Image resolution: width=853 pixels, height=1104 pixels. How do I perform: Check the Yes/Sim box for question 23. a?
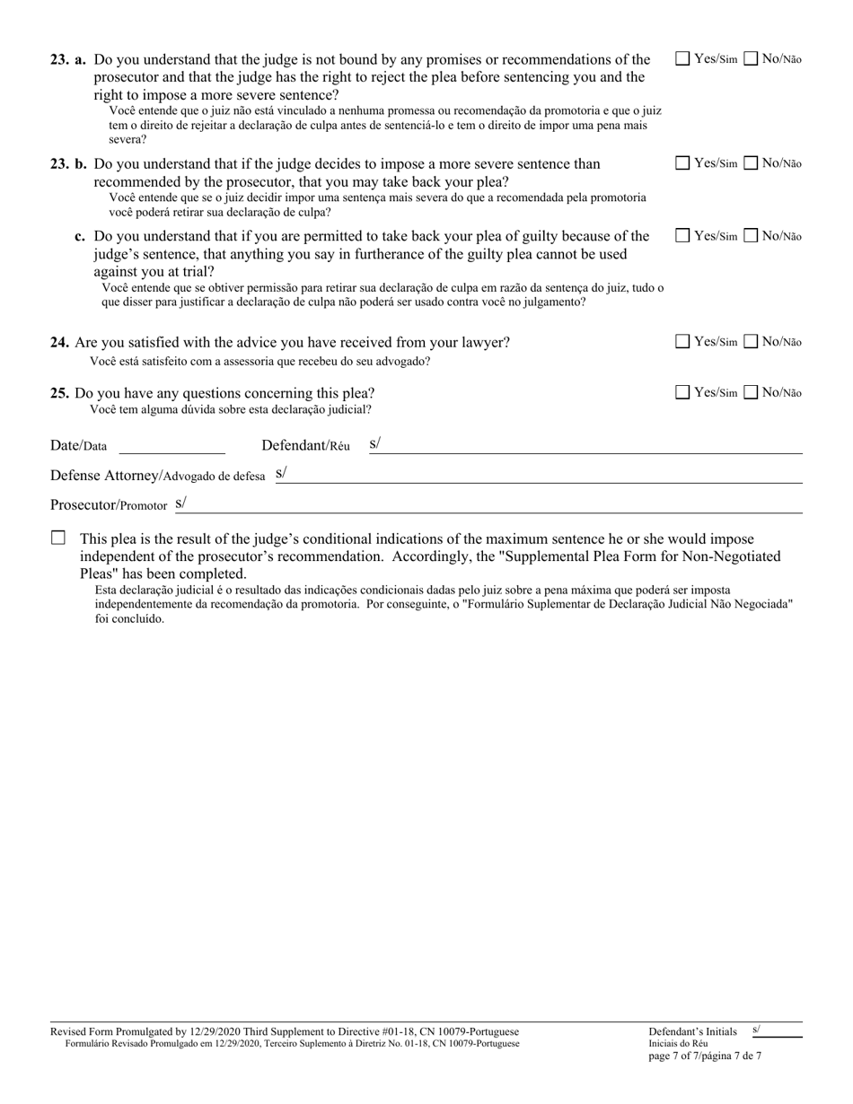tap(682, 59)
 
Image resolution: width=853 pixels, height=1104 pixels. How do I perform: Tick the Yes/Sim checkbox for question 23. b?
tap(682, 163)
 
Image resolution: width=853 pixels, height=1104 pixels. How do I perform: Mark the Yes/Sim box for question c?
tap(682, 236)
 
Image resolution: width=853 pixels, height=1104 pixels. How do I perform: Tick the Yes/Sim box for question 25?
tap(682, 392)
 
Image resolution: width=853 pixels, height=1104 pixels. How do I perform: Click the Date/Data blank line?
tap(171, 446)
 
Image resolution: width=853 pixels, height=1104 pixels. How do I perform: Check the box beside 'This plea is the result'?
tap(58, 539)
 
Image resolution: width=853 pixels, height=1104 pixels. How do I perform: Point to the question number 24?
tap(60, 343)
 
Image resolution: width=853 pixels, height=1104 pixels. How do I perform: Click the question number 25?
tap(60, 393)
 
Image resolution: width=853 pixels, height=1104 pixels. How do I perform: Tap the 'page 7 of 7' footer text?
tap(705, 1056)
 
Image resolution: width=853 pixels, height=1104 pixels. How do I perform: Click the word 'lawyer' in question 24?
tap(485, 343)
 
